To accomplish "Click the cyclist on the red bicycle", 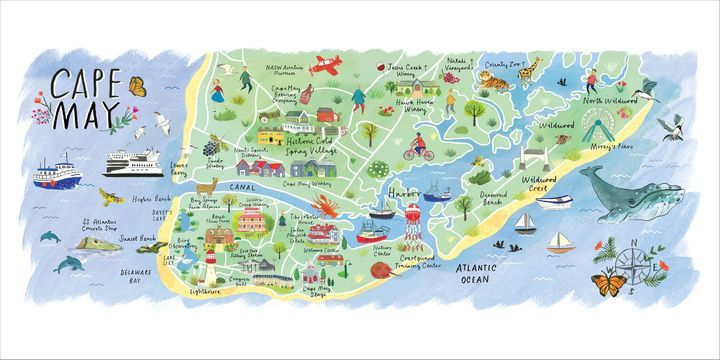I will pos(417,151).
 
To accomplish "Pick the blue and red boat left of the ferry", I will pos(56,175).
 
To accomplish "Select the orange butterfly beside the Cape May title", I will pos(137,87).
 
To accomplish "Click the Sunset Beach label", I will pos(137,241).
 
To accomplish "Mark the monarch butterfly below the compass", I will pos(607,286).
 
